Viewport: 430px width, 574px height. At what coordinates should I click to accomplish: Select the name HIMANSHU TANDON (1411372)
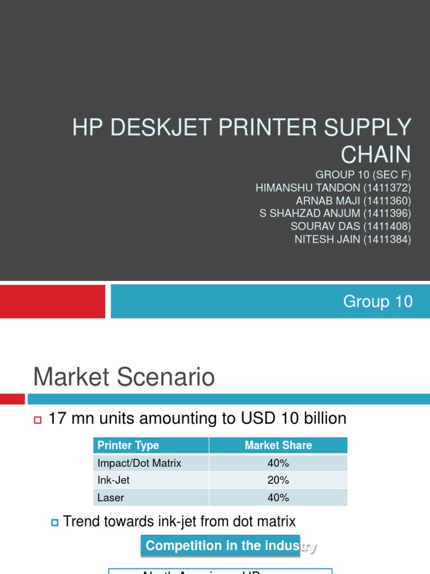(x=333, y=188)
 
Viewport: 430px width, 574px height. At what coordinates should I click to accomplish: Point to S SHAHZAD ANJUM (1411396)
(x=335, y=214)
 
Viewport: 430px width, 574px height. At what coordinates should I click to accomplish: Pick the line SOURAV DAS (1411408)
(x=350, y=226)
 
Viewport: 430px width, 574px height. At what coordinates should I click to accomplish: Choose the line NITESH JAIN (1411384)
(x=353, y=239)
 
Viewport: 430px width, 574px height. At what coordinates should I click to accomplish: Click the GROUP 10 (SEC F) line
(x=363, y=175)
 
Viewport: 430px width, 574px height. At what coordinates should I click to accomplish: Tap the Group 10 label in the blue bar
(x=378, y=302)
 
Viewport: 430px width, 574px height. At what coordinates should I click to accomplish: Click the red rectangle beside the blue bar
(x=52, y=302)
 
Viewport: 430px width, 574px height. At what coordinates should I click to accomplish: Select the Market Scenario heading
(x=124, y=377)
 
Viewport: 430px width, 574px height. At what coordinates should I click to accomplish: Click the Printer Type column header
(x=128, y=446)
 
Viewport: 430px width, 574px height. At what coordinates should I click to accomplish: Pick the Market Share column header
(x=278, y=446)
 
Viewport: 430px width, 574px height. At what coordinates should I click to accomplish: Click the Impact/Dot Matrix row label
(x=139, y=463)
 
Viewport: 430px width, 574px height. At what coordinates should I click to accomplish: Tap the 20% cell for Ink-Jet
(x=278, y=480)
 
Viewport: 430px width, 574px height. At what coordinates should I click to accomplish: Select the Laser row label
(x=111, y=498)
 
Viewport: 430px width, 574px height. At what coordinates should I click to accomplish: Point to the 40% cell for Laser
(x=278, y=498)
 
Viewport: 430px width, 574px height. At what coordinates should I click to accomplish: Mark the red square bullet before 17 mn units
(x=38, y=420)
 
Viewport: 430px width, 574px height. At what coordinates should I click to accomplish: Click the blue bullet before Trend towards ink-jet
(x=54, y=522)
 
